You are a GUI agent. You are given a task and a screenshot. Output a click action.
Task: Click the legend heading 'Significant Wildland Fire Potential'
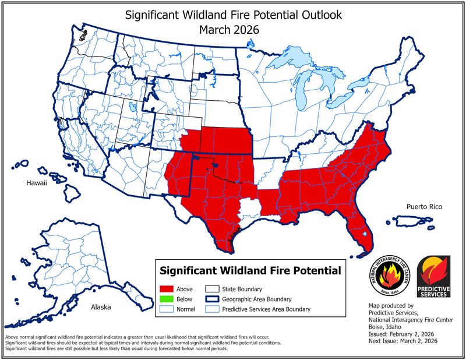pos(250,271)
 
